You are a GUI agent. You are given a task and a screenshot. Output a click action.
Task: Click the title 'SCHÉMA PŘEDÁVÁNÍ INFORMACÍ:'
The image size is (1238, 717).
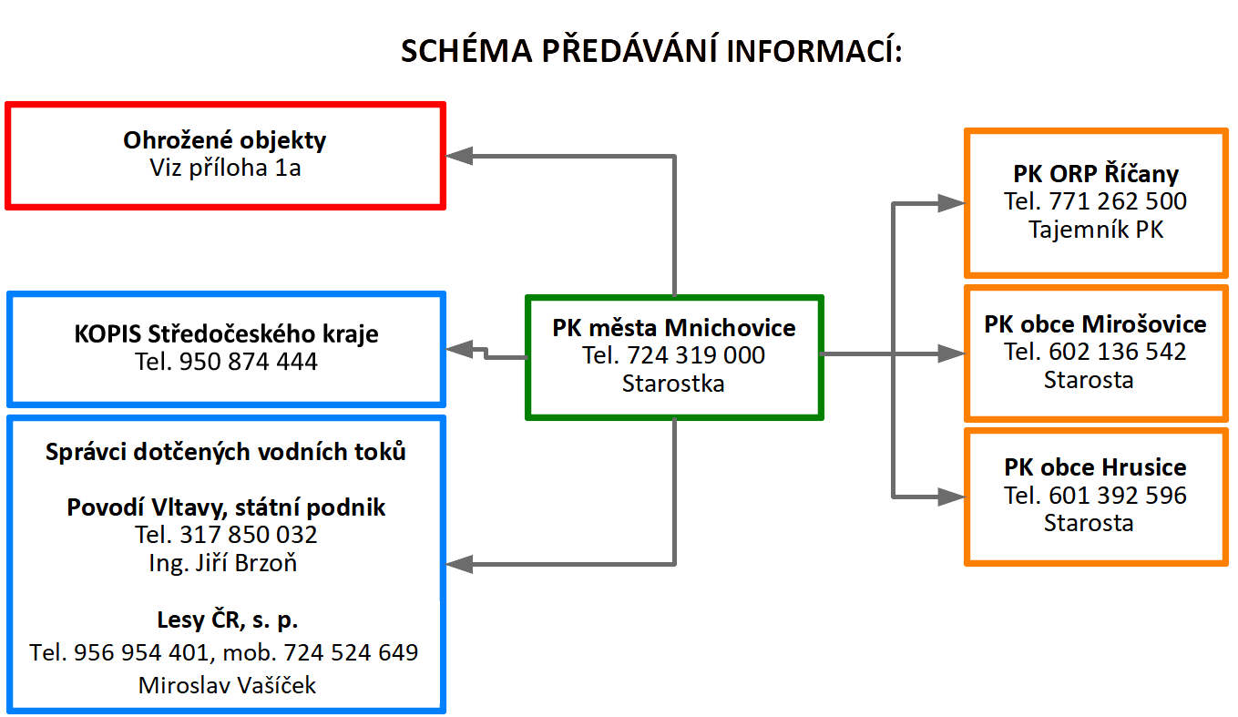click(651, 50)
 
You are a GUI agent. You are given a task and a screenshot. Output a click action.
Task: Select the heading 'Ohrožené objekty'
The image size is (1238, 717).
click(224, 140)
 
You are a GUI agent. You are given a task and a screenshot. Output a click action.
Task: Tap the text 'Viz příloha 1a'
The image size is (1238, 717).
click(225, 168)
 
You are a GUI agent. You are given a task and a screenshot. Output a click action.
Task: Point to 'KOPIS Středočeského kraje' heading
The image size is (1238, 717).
click(226, 333)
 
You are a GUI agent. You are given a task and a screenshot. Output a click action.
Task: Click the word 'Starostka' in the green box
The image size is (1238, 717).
click(673, 384)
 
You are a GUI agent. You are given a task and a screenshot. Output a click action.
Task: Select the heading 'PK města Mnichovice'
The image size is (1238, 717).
click(674, 328)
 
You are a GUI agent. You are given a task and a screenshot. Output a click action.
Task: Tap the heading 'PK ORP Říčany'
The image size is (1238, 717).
click(1095, 174)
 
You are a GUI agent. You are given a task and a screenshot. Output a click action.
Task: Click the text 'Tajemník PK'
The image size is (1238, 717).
click(1095, 230)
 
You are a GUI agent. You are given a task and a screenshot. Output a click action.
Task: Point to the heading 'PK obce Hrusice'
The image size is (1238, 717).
click(1095, 467)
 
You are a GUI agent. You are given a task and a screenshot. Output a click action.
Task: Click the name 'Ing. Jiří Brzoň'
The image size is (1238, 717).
click(222, 563)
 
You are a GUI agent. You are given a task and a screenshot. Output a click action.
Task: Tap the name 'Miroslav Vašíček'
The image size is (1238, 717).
click(227, 685)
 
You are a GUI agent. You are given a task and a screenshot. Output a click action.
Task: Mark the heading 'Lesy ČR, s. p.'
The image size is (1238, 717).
click(227, 620)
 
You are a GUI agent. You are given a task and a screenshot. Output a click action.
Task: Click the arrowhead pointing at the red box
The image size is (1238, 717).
click(459, 156)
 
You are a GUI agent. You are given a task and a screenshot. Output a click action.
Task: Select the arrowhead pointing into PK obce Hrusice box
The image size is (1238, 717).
click(951, 497)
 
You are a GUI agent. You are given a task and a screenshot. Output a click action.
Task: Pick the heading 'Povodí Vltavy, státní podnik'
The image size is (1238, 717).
click(226, 507)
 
